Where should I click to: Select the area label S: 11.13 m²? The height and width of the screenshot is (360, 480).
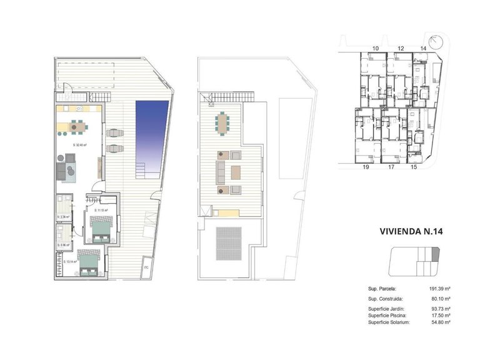(x=101, y=211)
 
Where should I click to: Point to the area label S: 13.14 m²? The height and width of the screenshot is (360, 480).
(x=71, y=261)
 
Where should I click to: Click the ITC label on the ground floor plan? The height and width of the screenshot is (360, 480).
(x=146, y=268)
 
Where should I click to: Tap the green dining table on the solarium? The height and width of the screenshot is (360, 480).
(x=223, y=122)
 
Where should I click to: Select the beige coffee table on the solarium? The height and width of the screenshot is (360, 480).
(x=236, y=172)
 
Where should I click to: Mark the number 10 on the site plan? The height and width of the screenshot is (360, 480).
(x=376, y=48)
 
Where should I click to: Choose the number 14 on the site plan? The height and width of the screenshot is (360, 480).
(x=423, y=48)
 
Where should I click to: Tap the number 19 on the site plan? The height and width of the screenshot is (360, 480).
(x=366, y=167)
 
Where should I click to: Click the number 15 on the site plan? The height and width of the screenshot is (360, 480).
(x=413, y=167)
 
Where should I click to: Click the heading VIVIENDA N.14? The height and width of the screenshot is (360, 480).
(x=411, y=231)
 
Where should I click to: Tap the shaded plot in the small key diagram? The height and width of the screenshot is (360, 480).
(x=436, y=253)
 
